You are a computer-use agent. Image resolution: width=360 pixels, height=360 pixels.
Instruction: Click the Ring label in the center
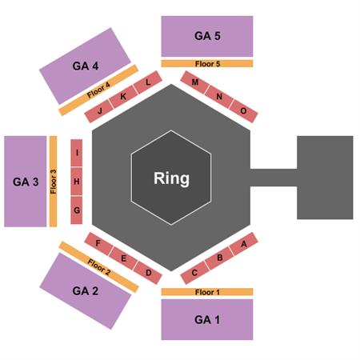click(x=171, y=178)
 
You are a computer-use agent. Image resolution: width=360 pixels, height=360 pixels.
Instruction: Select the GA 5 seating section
click(x=207, y=36)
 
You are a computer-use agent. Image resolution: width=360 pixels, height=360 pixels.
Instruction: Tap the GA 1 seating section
click(x=207, y=319)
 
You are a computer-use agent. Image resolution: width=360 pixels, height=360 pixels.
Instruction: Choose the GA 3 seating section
click(x=26, y=182)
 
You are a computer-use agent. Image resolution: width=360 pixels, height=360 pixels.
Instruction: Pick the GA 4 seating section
click(x=85, y=66)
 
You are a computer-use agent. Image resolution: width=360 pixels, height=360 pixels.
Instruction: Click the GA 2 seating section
click(x=86, y=291)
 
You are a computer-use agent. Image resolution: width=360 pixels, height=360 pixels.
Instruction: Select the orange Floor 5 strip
click(x=207, y=64)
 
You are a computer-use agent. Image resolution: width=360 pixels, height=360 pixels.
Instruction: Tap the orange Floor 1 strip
click(x=207, y=292)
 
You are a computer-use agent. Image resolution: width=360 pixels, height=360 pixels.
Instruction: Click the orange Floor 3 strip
click(x=54, y=182)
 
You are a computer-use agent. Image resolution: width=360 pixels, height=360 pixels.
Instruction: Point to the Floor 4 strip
click(x=98, y=90)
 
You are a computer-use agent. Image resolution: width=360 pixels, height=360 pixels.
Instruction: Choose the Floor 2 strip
click(x=98, y=267)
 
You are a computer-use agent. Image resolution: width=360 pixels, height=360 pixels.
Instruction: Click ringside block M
click(x=195, y=82)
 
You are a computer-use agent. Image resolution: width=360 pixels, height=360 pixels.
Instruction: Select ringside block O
click(x=243, y=111)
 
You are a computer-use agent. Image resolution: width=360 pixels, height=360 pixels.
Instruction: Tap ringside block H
click(x=77, y=182)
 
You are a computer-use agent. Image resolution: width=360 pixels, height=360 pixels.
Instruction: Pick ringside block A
click(x=244, y=244)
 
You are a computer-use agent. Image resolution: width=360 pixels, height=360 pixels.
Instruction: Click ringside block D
click(x=148, y=273)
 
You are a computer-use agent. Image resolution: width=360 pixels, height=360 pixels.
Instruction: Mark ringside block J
click(x=99, y=111)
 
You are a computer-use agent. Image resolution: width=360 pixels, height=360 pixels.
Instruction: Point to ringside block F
click(x=98, y=244)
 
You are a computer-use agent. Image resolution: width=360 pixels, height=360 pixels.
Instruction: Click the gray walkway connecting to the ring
click(x=274, y=178)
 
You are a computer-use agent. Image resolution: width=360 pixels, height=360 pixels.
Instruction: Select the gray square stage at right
click(x=325, y=178)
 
